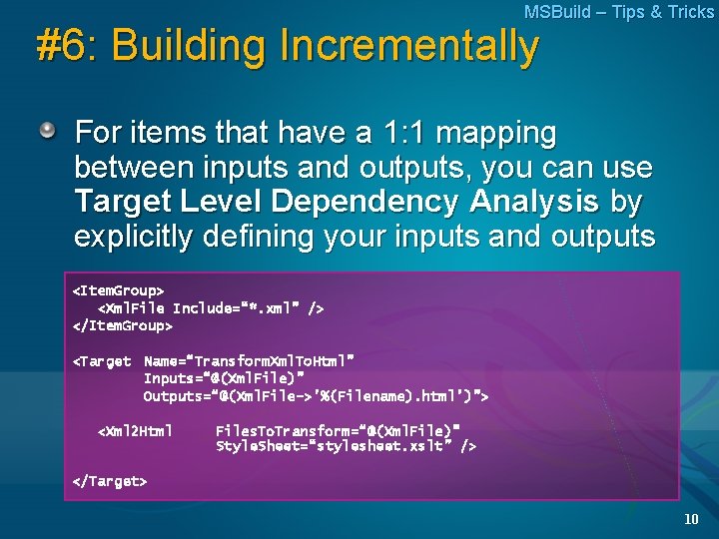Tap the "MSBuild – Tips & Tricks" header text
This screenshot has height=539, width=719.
tap(618, 12)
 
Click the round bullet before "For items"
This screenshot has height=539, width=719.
tap(48, 131)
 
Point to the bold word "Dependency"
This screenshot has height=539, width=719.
tap(382, 202)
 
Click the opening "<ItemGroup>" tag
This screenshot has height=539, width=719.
tap(118, 290)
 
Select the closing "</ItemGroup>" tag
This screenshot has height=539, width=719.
tap(123, 325)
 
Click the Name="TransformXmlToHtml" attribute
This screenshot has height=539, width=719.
tap(250, 360)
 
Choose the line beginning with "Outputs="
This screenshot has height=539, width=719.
tap(316, 396)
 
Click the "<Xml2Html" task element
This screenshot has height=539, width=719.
tap(135, 431)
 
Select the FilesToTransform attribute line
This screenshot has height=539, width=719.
tap(338, 431)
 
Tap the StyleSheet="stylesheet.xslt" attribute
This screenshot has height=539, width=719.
tap(346, 447)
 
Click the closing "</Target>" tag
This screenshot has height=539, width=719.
tap(110, 481)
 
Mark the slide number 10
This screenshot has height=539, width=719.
tap(691, 519)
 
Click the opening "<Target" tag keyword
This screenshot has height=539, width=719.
tap(102, 360)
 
